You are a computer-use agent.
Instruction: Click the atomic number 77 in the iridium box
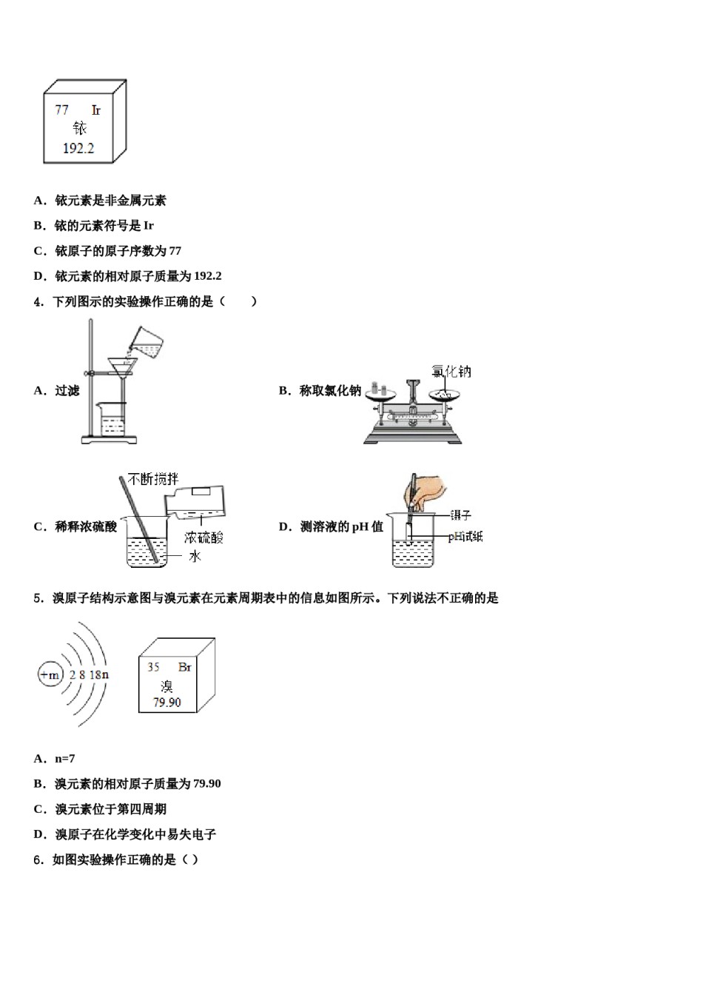click(x=62, y=110)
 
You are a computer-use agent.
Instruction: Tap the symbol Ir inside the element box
click(x=95, y=111)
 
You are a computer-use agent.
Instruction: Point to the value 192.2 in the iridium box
click(x=78, y=148)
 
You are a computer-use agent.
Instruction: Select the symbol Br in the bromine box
click(x=184, y=667)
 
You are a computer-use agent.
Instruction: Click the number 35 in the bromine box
click(x=153, y=667)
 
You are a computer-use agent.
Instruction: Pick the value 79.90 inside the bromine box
click(x=166, y=702)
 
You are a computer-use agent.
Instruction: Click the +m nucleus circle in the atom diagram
click(x=50, y=674)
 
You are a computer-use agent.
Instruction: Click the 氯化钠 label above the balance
click(x=451, y=371)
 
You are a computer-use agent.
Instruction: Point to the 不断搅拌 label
click(x=153, y=479)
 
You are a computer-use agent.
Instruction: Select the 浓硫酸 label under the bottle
click(x=203, y=537)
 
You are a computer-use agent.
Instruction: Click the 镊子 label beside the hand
click(x=460, y=515)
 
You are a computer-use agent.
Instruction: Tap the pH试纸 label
click(x=465, y=536)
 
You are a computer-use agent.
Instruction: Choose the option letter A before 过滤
click(x=39, y=390)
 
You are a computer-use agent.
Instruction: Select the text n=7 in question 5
click(x=65, y=758)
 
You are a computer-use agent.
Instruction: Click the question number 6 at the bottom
click(x=38, y=860)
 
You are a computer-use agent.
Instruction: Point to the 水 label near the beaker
click(x=195, y=556)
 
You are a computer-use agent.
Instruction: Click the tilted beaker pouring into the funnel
click(x=146, y=342)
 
